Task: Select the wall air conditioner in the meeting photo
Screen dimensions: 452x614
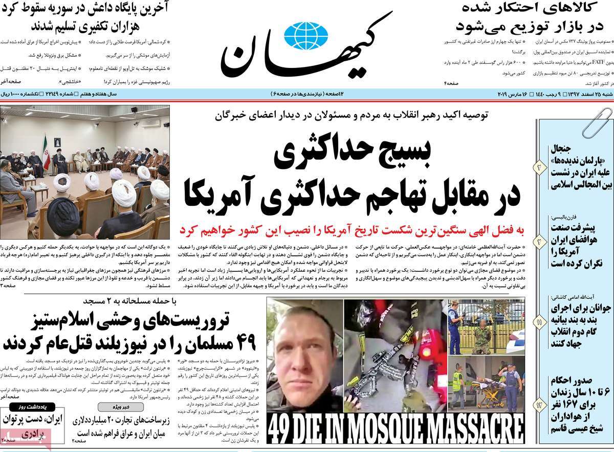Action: (152, 123)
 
